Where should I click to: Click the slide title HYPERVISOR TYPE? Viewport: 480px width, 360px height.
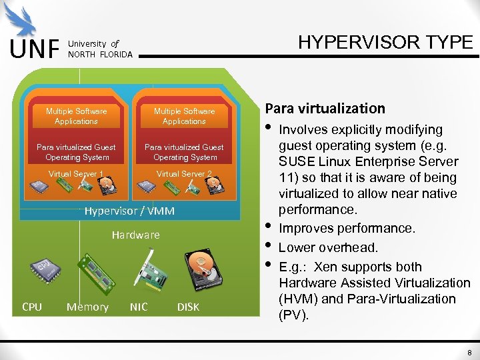click(x=385, y=42)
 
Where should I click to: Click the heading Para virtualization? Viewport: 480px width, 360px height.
click(x=325, y=108)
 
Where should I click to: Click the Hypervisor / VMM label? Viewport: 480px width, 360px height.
click(x=129, y=211)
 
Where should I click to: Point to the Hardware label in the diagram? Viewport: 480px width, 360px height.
click(x=135, y=235)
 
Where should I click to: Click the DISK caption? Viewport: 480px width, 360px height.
click(x=188, y=307)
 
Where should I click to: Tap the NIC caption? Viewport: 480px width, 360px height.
click(x=139, y=307)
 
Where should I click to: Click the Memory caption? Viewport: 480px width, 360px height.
click(x=87, y=307)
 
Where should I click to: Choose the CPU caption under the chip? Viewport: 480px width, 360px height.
click(x=32, y=307)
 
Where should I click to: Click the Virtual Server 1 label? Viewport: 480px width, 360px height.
click(x=75, y=174)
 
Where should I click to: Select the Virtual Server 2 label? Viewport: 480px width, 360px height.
click(x=183, y=174)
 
